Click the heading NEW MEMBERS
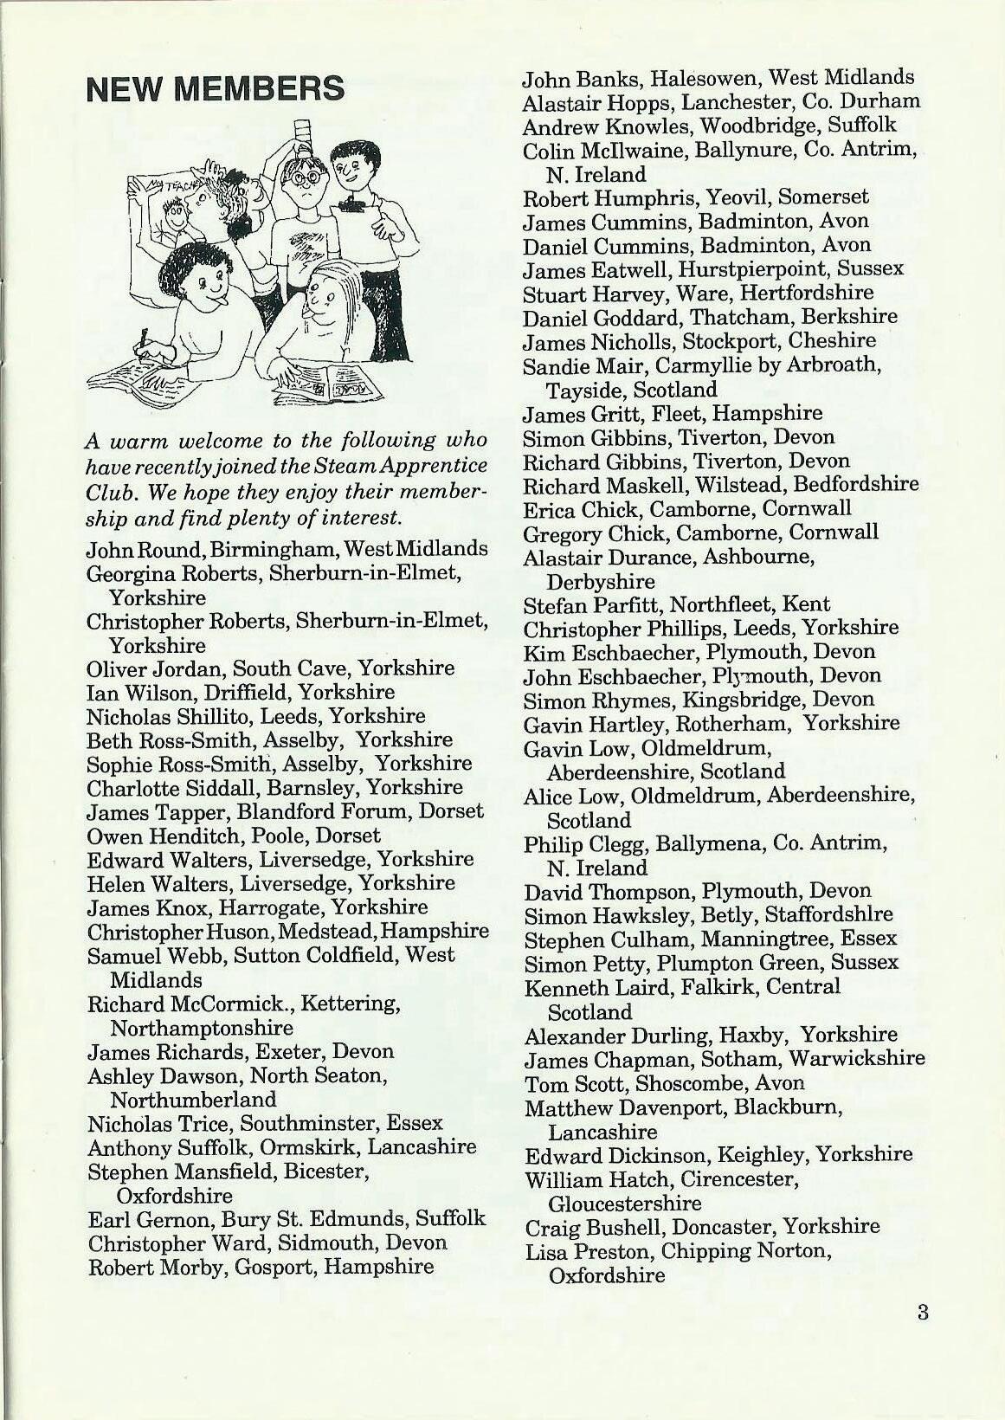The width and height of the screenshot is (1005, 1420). pos(216,89)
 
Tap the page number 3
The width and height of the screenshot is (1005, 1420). pos(923,1312)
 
